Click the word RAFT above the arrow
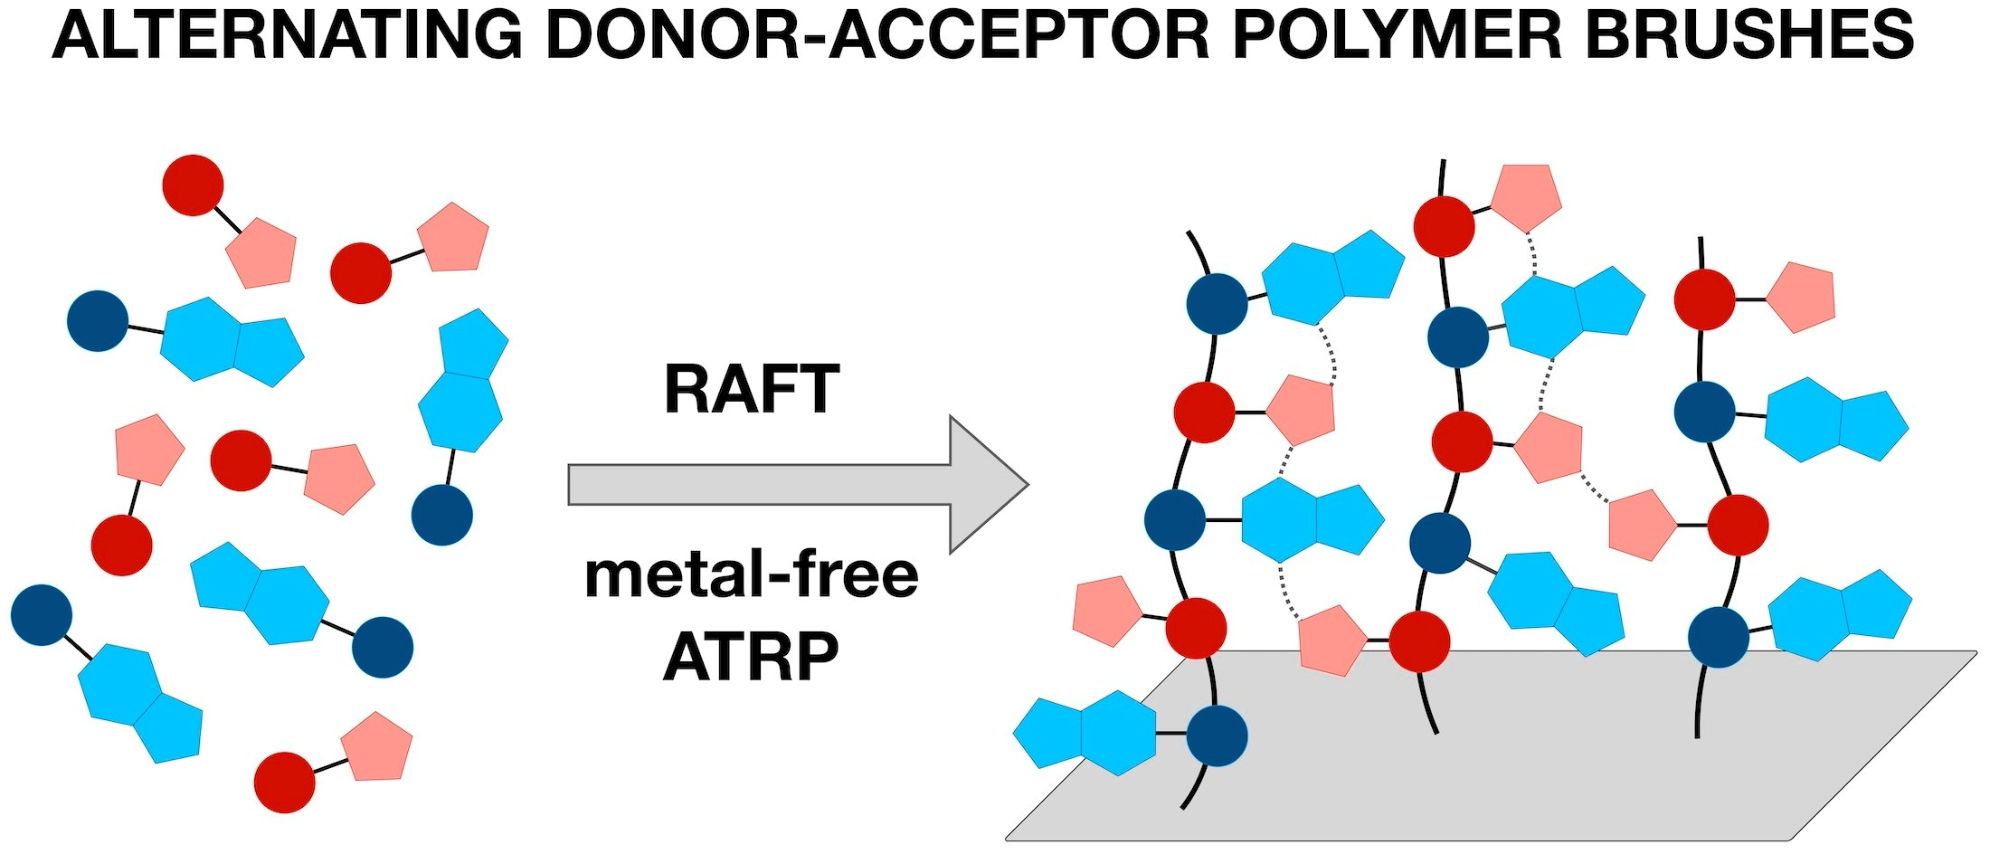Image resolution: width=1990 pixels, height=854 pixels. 752,390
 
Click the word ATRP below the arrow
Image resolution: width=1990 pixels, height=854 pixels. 752,658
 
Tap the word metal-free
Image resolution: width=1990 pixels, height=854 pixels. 752,576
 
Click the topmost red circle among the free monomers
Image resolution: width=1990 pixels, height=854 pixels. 193,185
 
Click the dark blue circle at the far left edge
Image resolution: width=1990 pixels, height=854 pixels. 42,615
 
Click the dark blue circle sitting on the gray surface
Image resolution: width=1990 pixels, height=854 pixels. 1217,736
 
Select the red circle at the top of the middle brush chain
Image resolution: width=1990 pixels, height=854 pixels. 1444,226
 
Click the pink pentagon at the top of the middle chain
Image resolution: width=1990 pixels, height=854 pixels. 1525,196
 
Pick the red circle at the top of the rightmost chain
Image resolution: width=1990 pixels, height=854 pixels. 1704,299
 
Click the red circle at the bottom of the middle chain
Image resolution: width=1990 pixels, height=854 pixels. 1419,641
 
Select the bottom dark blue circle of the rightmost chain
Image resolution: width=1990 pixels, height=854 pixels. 1718,638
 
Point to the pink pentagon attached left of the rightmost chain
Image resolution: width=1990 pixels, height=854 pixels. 1642,525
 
